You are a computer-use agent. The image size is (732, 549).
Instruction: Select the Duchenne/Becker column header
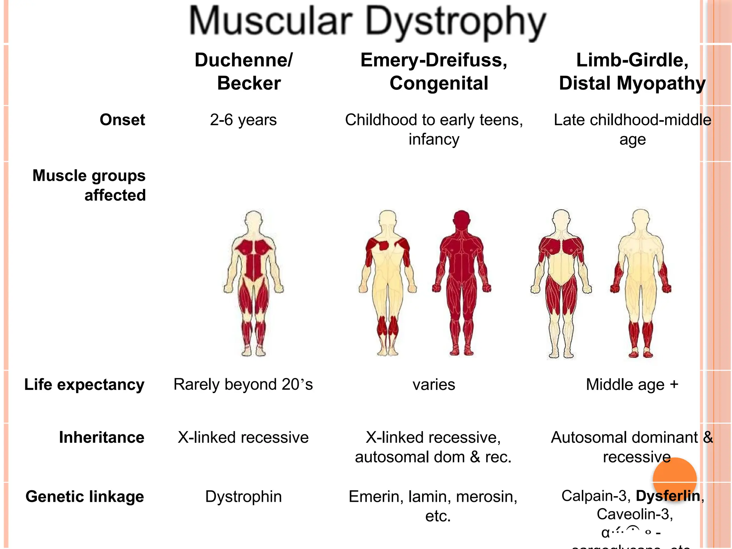pyautogui.click(x=244, y=71)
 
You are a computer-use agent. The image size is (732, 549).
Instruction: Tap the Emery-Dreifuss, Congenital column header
pyautogui.click(x=434, y=71)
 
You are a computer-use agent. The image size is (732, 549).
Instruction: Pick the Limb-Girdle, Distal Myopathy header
pyautogui.click(x=632, y=71)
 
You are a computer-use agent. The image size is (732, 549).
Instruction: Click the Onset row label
pyautogui.click(x=122, y=120)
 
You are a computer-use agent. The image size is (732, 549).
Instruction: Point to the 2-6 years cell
pyautogui.click(x=243, y=120)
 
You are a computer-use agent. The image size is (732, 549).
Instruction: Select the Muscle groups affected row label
pyautogui.click(x=89, y=185)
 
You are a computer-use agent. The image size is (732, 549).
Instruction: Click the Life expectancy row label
pyautogui.click(x=84, y=385)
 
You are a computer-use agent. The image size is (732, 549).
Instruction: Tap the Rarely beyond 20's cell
pyautogui.click(x=243, y=385)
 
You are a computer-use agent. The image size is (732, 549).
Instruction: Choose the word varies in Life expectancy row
pyautogui.click(x=434, y=385)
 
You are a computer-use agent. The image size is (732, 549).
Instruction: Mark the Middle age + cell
pyautogui.click(x=632, y=385)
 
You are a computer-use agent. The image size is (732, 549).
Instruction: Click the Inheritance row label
pyautogui.click(x=102, y=437)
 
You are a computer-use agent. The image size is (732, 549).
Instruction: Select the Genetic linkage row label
pyautogui.click(x=85, y=496)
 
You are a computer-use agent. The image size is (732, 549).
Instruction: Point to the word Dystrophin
pyautogui.click(x=243, y=496)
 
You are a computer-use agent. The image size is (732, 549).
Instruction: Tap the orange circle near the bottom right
pyautogui.click(x=674, y=479)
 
